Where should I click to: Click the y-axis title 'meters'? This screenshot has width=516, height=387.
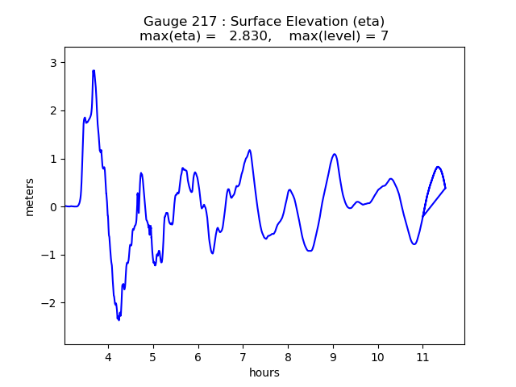click(x=30, y=196)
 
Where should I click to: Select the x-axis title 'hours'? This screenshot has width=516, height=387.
click(x=264, y=372)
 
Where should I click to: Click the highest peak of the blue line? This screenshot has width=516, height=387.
click(x=94, y=71)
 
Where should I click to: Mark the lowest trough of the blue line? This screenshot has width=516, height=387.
click(x=119, y=320)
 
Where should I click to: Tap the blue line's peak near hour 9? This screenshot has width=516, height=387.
click(x=334, y=154)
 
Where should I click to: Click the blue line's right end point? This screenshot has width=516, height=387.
click(x=445, y=188)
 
